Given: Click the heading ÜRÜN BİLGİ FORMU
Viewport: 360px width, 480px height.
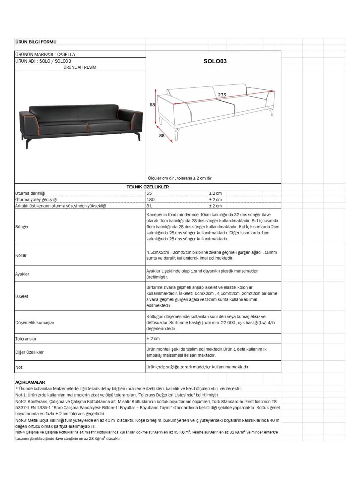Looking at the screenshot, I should point(36,42).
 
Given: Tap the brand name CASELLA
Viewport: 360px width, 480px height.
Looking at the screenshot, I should point(66,54).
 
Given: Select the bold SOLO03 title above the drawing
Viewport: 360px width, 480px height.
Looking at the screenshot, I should point(215,61).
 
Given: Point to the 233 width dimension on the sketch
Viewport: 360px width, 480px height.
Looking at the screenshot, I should point(222,95).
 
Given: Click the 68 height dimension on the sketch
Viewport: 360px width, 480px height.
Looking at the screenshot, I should point(152,105).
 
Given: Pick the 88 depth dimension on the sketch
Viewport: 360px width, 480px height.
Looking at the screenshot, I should point(162,136).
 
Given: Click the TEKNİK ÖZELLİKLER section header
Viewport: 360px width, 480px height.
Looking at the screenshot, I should point(148,187).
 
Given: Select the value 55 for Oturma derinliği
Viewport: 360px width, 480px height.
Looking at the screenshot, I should point(149,193).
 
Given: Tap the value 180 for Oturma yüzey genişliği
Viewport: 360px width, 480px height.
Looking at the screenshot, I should point(151,199).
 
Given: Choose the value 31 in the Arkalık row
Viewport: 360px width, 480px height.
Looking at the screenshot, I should point(149,206).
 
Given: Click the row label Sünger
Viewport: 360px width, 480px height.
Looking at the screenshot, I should point(22,227).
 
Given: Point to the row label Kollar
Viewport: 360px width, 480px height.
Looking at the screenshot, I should point(21,255).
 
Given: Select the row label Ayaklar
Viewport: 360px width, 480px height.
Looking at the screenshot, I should point(22,274).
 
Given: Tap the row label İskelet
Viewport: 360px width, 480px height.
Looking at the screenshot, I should point(22,296).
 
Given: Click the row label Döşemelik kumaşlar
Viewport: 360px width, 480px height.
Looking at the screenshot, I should point(35,322).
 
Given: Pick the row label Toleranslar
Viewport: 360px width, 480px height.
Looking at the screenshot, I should point(26,339).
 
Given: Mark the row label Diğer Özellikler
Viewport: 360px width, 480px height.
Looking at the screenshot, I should point(29,352).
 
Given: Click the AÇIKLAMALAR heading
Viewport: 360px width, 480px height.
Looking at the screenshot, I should point(30,382).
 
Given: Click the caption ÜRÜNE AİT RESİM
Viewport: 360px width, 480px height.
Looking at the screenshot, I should point(80,67).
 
